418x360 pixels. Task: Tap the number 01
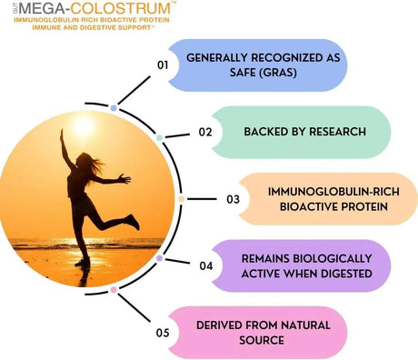pyautogui.click(x=163, y=65)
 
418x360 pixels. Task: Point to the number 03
pyautogui.click(x=233, y=198)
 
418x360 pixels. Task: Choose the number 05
pyautogui.click(x=163, y=332)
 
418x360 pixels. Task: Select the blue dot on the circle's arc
pyautogui.click(x=113, y=107)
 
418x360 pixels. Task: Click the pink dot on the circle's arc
pyautogui.click(x=114, y=290)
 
